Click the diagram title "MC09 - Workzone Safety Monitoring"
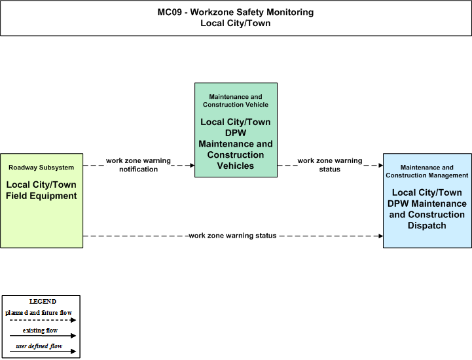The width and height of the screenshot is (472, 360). pyautogui.click(x=236, y=12)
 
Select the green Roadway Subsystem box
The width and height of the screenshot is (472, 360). pyautogui.click(x=41, y=201)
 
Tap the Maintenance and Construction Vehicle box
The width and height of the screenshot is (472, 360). pyautogui.click(x=236, y=130)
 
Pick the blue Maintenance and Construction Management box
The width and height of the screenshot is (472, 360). pyautogui.click(x=427, y=201)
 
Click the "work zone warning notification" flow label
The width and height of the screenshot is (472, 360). pyautogui.click(x=139, y=165)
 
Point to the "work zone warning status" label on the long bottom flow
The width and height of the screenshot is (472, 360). pyautogui.click(x=232, y=236)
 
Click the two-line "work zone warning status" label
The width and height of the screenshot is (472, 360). pyautogui.click(x=330, y=165)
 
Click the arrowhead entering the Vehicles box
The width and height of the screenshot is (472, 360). pyautogui.click(x=192, y=165)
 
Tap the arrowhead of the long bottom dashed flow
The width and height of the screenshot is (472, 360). pyautogui.click(x=381, y=236)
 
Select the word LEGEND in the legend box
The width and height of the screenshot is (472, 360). pyautogui.click(x=43, y=302)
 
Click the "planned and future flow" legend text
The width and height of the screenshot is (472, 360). pyautogui.click(x=39, y=313)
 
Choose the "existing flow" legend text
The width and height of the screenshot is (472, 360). pyautogui.click(x=40, y=331)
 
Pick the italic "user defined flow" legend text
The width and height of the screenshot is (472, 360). pyautogui.click(x=39, y=346)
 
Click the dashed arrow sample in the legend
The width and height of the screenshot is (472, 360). pyautogui.click(x=43, y=320)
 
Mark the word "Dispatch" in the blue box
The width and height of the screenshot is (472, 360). pyautogui.click(x=427, y=225)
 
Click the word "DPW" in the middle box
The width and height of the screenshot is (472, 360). pyautogui.click(x=236, y=133)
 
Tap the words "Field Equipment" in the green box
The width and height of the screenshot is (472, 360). pyautogui.click(x=41, y=196)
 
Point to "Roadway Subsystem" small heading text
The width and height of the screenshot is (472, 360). pyautogui.click(x=41, y=168)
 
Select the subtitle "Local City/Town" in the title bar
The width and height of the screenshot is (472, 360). pyautogui.click(x=236, y=23)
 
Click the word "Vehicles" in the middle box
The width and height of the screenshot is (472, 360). pyautogui.click(x=236, y=166)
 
